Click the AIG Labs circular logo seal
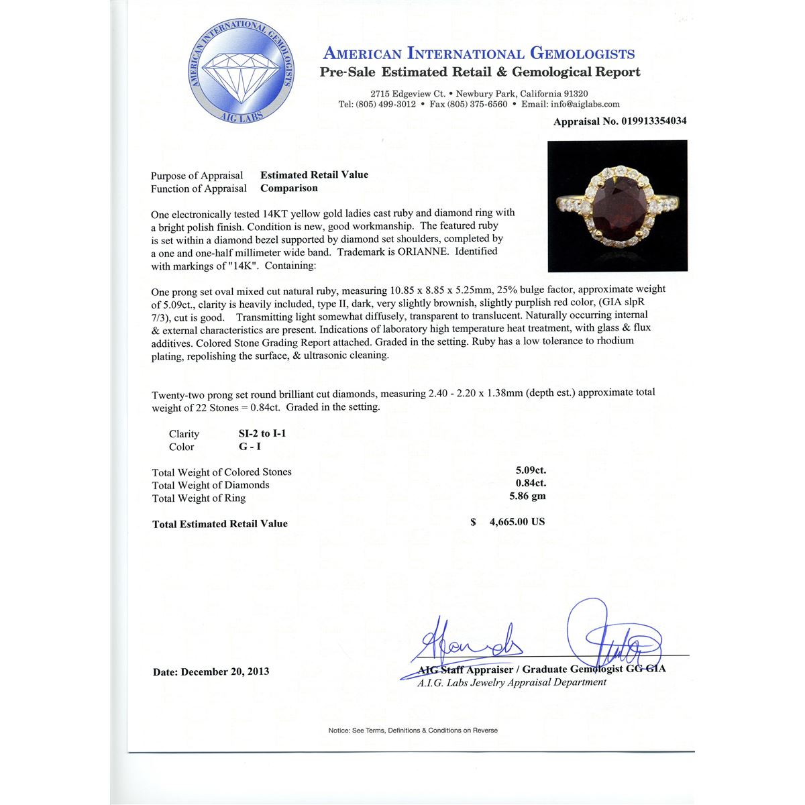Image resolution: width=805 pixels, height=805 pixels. coord(240,72)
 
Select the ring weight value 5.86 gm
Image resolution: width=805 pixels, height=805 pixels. coord(528,496)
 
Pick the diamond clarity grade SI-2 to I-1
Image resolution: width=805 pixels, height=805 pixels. coord(257,433)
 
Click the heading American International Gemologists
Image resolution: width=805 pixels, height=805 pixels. coord(479,54)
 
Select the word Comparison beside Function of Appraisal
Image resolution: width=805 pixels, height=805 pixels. coord(289,189)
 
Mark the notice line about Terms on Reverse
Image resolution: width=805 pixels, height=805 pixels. coord(413,731)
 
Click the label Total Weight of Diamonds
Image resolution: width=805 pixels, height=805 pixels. coord(211,485)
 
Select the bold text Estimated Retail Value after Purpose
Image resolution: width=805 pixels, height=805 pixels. coord(314,175)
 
